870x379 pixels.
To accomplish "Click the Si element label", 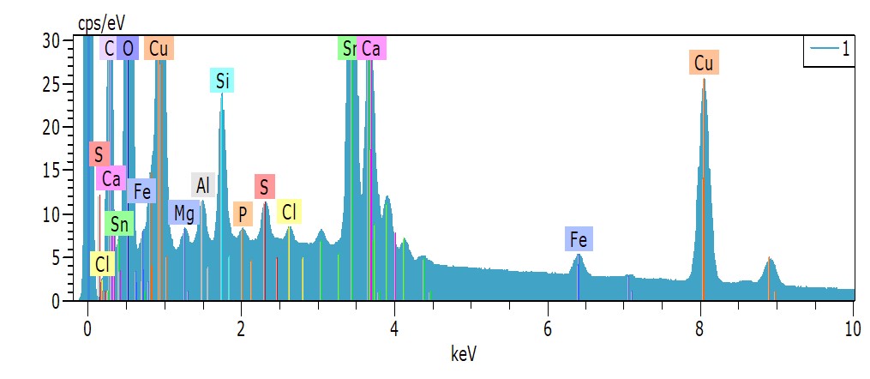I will [x=223, y=81].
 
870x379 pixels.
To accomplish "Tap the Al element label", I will [x=202, y=184].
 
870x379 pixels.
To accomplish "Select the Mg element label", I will [x=183, y=213].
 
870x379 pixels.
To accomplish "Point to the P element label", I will [x=243, y=214].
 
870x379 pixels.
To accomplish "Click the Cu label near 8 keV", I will [x=704, y=63].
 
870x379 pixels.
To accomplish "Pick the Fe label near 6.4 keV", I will [x=579, y=239].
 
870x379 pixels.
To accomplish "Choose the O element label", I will [x=128, y=49].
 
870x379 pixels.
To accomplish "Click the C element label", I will [x=109, y=49].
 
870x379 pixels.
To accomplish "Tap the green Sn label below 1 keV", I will [x=120, y=225].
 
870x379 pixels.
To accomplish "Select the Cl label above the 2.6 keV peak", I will [x=290, y=211].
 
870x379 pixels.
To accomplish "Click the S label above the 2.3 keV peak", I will [x=264, y=186].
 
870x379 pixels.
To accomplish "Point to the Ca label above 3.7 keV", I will [x=371, y=49].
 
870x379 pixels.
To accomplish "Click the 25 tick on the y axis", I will [x=54, y=84].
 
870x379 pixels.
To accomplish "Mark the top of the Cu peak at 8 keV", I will [x=704, y=80].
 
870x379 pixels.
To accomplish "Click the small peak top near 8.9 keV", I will [x=770, y=257].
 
